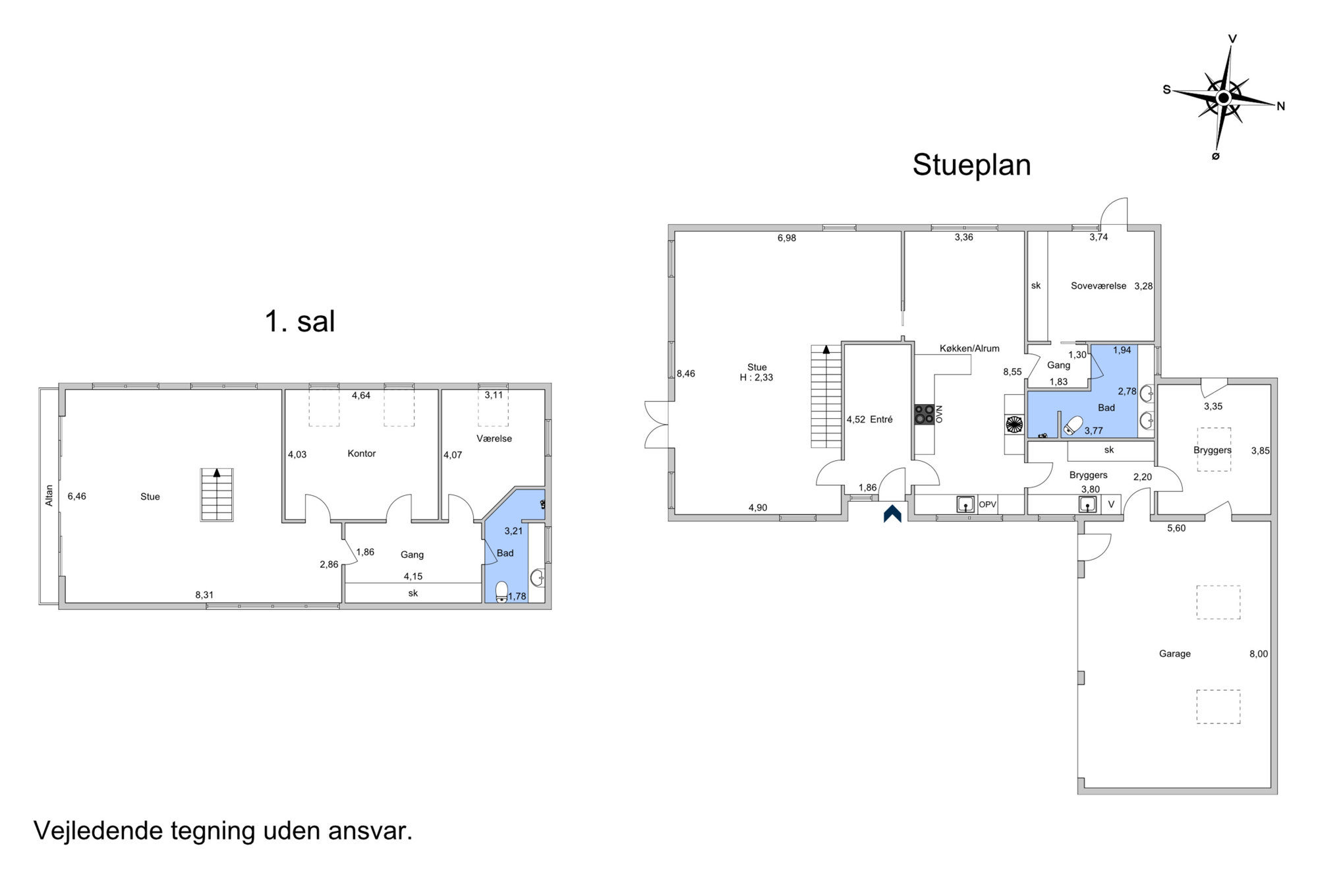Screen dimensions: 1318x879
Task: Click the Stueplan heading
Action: [971, 166]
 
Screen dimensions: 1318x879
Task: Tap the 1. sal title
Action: [300, 321]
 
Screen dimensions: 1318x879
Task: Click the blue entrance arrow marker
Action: [892, 514]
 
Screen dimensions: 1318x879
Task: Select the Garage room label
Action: [1175, 653]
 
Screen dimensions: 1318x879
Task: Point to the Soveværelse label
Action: [1099, 286]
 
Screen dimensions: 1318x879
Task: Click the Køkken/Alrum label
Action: [969, 348]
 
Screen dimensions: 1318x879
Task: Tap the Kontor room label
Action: [362, 454]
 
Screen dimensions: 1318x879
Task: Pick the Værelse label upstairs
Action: [494, 439]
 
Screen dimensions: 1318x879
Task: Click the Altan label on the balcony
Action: [49, 496]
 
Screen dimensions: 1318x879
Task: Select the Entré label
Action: [881, 419]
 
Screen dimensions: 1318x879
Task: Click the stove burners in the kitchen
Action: [924, 414]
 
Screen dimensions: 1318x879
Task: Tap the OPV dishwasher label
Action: [987, 504]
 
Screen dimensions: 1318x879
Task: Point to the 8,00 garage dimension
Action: [1259, 654]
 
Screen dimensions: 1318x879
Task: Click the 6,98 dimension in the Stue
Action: [787, 238]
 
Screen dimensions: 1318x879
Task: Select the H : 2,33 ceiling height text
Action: [757, 378]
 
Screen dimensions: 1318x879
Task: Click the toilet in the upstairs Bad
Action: [502, 591]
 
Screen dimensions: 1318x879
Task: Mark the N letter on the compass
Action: [1281, 106]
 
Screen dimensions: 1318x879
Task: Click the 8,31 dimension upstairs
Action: [204, 595]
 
